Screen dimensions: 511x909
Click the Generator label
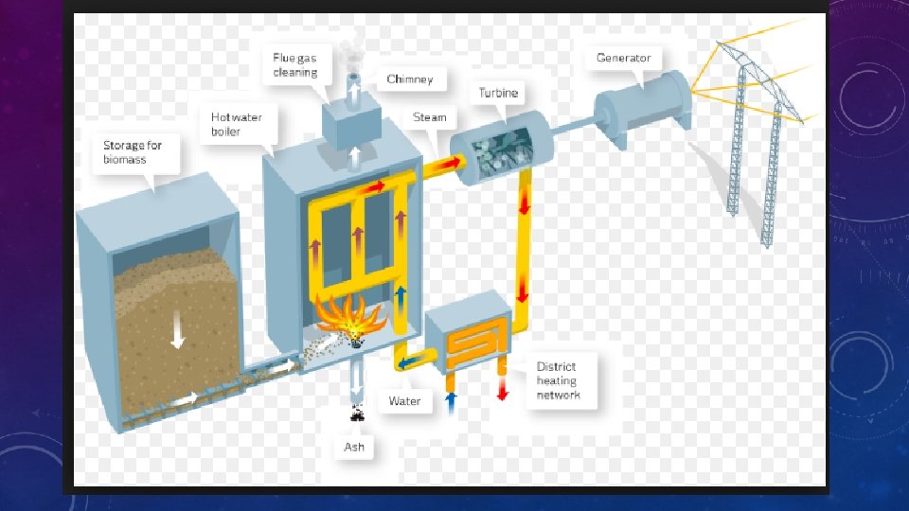623,58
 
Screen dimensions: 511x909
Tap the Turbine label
498,93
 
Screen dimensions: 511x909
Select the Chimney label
410,79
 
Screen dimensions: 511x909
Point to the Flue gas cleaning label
295,65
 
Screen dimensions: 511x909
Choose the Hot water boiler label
237,124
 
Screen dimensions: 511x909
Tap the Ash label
353,447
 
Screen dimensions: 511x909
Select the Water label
404,401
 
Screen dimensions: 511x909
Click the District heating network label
558,380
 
